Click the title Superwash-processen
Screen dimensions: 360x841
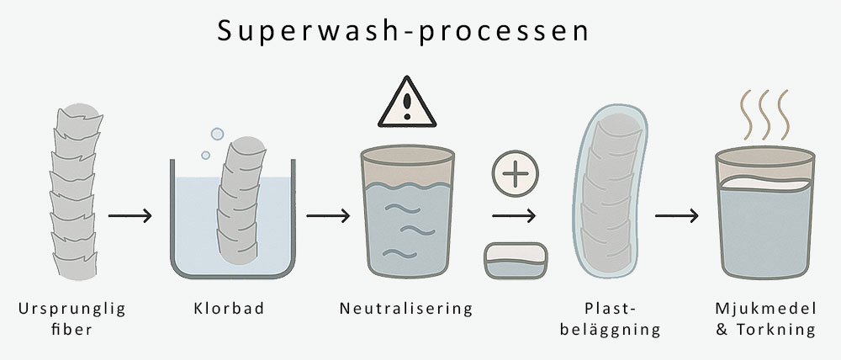401,31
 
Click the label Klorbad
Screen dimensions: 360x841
227,309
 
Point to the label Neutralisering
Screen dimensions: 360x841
407,309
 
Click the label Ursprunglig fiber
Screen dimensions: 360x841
71,319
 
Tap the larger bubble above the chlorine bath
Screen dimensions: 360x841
216,134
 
